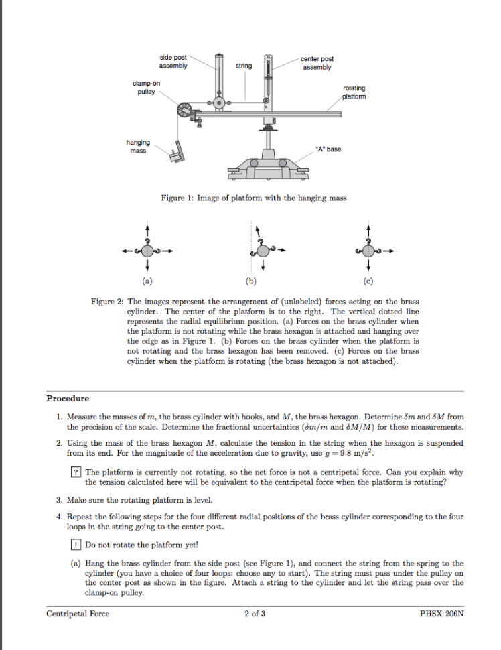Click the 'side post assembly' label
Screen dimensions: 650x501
[173, 62]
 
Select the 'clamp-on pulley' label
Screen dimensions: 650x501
[143, 86]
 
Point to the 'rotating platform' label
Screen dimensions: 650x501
[354, 92]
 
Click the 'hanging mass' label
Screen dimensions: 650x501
[139, 146]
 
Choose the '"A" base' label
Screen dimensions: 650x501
[328, 149]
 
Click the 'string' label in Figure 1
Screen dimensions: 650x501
[244, 66]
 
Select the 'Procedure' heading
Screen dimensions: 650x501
[68, 399]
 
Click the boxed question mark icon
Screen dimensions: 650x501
[78, 472]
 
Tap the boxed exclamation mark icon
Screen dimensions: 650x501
[78, 545]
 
